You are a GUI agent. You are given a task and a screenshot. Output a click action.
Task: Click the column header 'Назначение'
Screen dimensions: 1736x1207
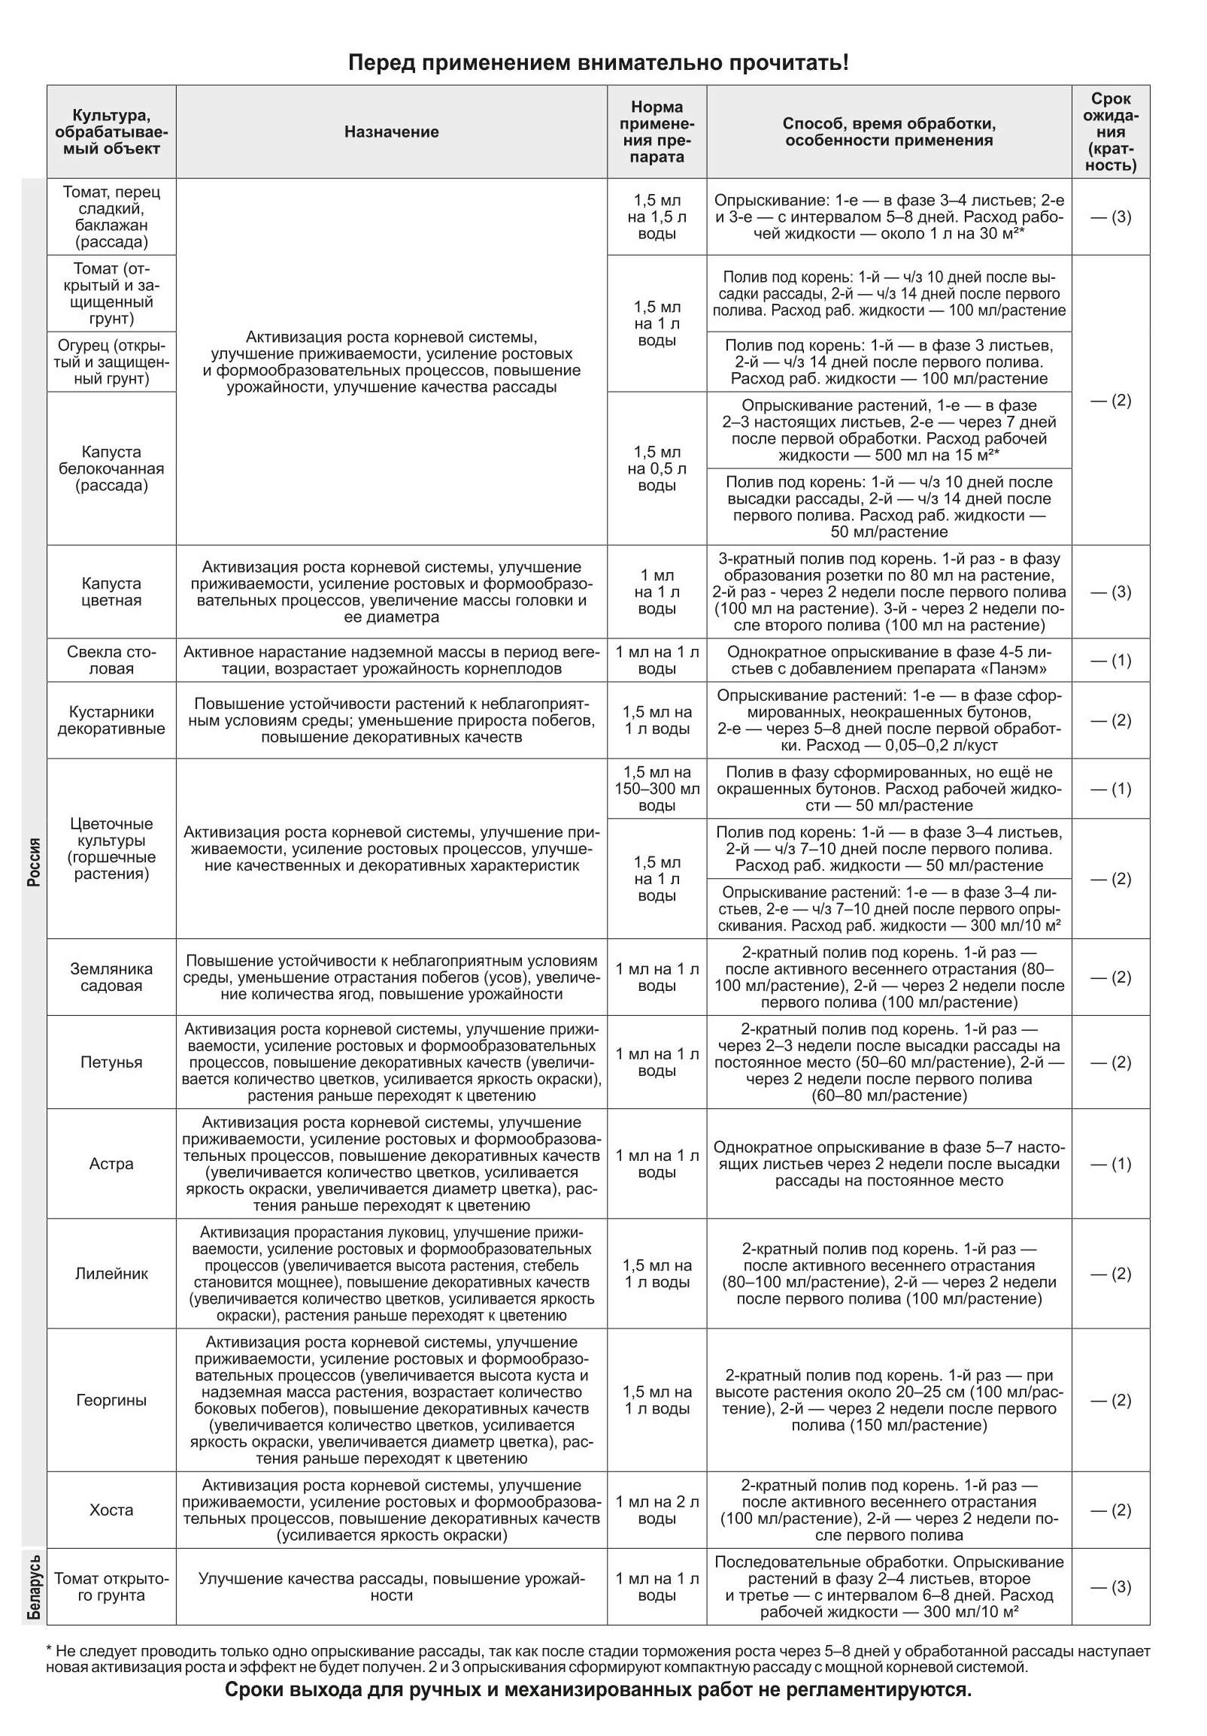[391, 132]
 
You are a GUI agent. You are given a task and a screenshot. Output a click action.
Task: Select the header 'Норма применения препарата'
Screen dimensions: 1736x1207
[656, 132]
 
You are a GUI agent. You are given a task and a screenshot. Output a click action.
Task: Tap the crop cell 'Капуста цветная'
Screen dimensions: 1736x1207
[111, 591]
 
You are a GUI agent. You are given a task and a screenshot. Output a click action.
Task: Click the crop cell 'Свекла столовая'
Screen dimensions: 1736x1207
[111, 660]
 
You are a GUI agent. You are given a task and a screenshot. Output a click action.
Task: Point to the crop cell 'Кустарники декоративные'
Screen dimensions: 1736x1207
[111, 720]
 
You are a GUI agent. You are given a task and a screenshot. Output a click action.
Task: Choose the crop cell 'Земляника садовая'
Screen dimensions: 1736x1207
[111, 977]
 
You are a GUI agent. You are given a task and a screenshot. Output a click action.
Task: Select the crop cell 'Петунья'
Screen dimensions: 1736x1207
[111, 1062]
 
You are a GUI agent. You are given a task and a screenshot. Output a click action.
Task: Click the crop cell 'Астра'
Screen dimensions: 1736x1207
[111, 1163]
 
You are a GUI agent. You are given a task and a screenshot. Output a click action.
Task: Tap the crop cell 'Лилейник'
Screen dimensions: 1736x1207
[111, 1274]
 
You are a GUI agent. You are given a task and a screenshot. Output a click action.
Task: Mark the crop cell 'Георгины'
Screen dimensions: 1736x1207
[111, 1399]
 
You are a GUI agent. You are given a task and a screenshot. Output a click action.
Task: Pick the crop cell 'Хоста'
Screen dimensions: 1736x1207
[111, 1510]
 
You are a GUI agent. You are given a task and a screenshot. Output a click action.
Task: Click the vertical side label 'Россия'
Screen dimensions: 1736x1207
[34, 862]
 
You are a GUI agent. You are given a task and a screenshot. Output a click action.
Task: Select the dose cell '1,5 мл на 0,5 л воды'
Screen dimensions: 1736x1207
[656, 468]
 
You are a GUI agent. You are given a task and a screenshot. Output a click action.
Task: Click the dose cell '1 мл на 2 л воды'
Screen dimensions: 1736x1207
[656, 1510]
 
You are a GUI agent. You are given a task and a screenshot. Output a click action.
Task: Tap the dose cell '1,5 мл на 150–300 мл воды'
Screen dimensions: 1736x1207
[656, 789]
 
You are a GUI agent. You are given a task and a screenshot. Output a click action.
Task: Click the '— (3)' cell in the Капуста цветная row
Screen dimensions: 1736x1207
[1110, 591]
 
